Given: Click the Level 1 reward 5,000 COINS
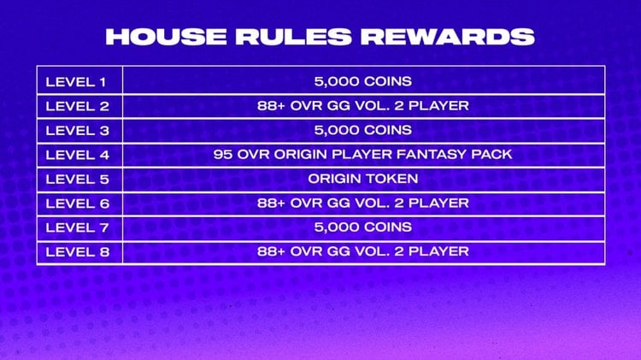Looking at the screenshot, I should [363, 81].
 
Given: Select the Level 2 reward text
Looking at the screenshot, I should [363, 105].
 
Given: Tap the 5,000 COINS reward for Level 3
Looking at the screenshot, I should [363, 130].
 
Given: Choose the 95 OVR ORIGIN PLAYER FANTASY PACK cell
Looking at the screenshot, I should [363, 155].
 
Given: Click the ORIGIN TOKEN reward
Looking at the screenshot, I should [363, 179].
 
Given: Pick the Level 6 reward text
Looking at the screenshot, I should [363, 203].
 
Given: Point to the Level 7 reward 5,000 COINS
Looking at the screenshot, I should [363, 227].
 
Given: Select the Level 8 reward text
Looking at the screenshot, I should [363, 251].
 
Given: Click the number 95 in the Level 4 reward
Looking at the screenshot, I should [222, 155].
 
